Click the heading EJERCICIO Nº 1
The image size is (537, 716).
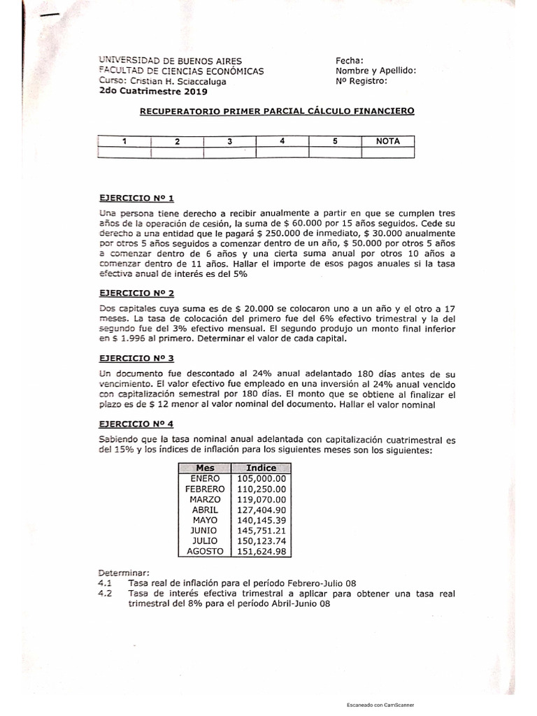(131, 199)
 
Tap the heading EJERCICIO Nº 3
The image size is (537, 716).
(131, 357)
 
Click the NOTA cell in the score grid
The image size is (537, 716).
(388, 141)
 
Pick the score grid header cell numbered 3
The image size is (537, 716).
(229, 141)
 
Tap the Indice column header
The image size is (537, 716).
(262, 468)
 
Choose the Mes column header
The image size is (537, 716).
(205, 468)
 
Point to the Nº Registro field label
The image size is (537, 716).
(361, 80)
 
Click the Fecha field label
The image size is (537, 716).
(350, 61)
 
